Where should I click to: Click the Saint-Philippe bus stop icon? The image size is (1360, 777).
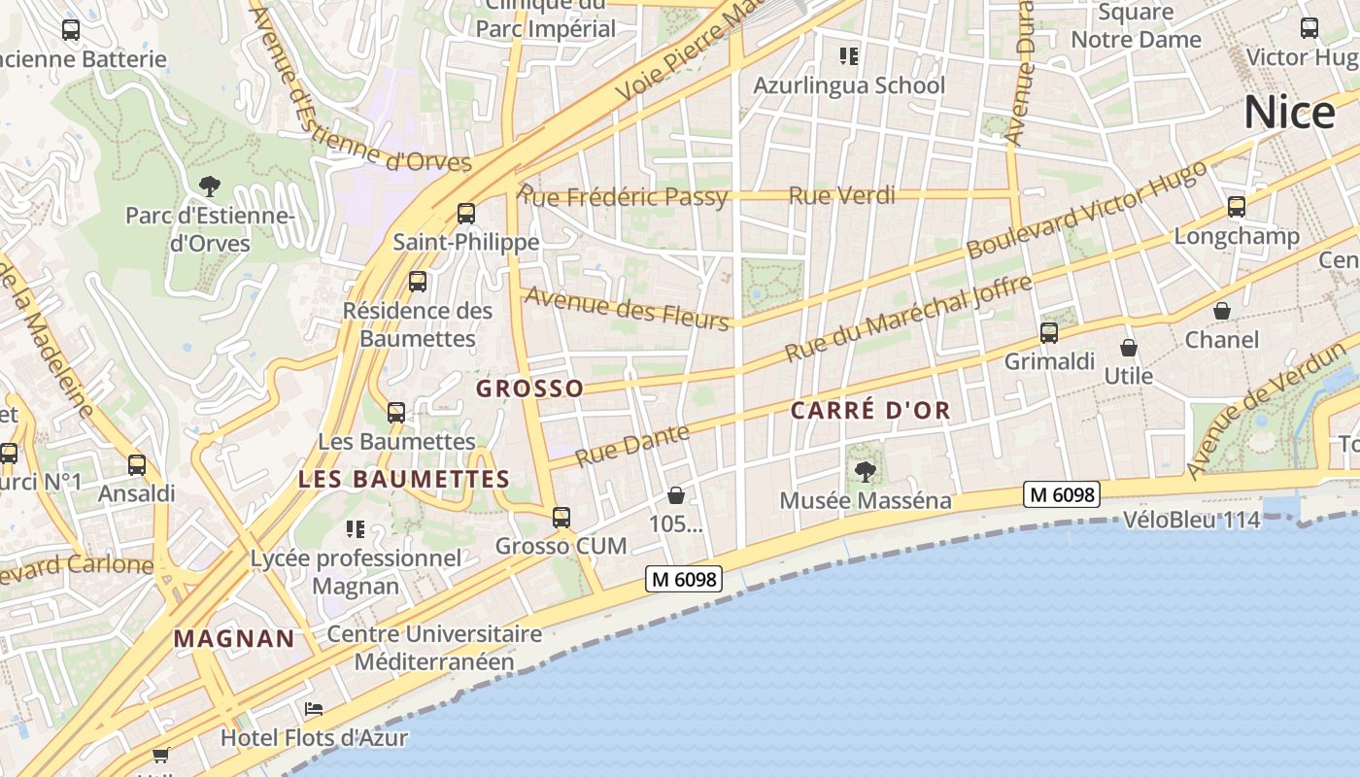click(466, 214)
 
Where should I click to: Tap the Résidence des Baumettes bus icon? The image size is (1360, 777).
click(418, 282)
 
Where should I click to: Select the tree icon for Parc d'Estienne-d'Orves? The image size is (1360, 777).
click(209, 186)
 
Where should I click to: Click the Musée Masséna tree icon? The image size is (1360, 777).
click(865, 472)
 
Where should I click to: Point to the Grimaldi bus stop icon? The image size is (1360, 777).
click(1049, 333)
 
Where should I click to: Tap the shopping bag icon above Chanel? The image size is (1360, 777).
click(1222, 311)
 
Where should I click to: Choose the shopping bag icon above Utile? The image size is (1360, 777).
click(1129, 347)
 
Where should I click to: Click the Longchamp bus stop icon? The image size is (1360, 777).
click(1237, 207)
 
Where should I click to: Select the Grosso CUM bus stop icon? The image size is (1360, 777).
click(561, 518)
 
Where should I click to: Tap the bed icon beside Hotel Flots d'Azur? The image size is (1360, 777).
click(314, 709)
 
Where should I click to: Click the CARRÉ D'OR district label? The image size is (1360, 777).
click(870, 411)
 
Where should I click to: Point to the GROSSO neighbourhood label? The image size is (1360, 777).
click(530, 388)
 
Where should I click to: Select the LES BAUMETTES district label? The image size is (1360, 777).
click(404, 479)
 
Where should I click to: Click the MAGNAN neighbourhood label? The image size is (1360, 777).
click(234, 638)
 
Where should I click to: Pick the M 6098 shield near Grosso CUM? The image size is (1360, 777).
click(684, 580)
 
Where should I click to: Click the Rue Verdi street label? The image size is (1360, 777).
click(841, 195)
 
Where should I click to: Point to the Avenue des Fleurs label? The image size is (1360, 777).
click(627, 309)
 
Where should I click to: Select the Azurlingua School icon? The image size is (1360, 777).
click(850, 56)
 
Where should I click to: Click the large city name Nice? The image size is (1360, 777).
click(1290, 113)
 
